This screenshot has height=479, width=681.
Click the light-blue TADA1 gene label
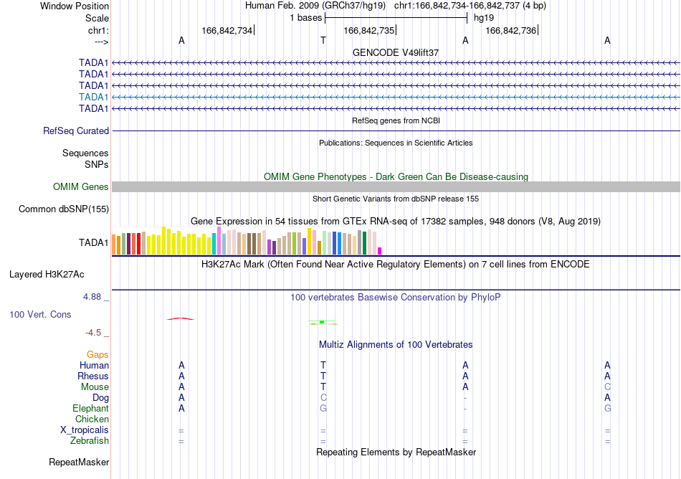coord(93,98)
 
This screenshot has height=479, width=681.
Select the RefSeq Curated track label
coord(76,131)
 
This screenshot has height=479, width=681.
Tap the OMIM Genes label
coord(81,186)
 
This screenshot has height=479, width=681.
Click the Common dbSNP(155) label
coord(64,209)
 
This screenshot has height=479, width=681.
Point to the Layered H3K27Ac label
coord(47,275)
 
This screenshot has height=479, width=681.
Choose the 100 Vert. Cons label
coord(40,314)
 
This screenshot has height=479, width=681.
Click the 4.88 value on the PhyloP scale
coord(92,297)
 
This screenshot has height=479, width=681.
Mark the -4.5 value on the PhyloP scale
coord(93,333)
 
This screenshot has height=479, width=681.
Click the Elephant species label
coord(90,409)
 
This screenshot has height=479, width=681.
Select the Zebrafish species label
coord(90,441)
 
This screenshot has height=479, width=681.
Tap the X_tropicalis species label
coord(85,430)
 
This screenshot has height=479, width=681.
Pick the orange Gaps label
coord(97,355)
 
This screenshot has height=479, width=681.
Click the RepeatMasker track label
coord(79,462)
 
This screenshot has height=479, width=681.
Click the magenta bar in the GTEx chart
coord(380,251)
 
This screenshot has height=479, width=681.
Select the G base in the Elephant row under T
coord(323,409)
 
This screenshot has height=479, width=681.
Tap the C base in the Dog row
coord(323,398)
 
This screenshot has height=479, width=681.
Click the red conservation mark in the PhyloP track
coord(181,319)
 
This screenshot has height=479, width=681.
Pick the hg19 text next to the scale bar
coord(484,18)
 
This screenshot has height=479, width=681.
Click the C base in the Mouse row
coord(607,387)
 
